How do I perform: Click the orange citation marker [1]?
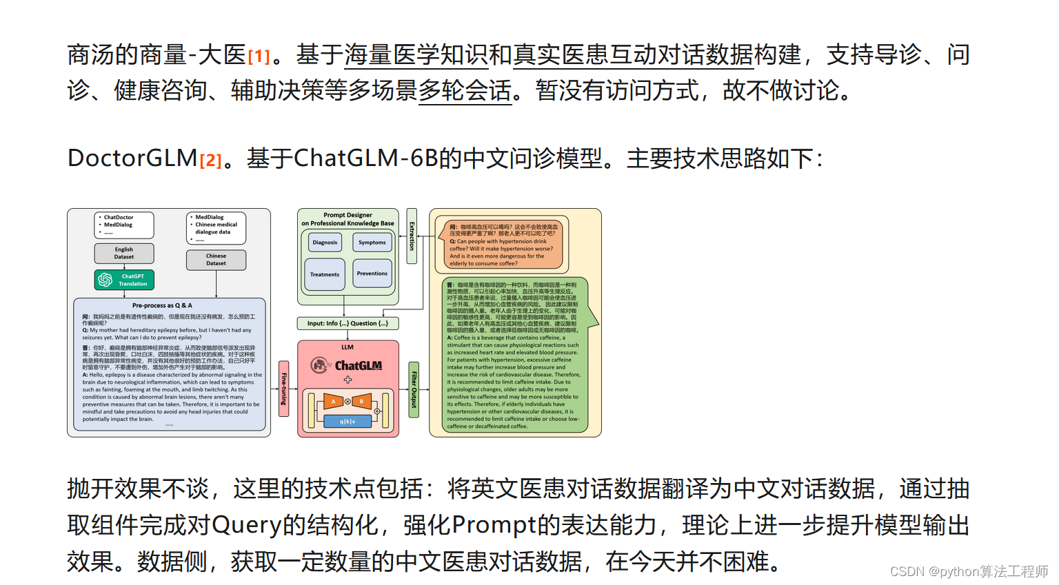coord(259,56)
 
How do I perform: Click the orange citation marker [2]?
coord(210,161)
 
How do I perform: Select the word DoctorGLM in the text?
coord(132,158)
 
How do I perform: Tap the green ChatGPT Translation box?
coord(124,280)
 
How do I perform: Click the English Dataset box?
coord(124,253)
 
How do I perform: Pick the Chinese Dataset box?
coord(216,260)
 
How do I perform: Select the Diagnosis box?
coord(325,242)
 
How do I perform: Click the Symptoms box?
coord(372,242)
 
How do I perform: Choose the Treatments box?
coord(325,274)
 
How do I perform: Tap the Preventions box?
coord(372,274)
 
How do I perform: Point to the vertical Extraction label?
coord(412,236)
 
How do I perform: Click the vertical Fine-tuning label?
coord(283,389)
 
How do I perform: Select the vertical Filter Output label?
coord(414,389)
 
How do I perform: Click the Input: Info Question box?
coord(347,323)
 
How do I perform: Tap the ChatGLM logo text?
coord(358,366)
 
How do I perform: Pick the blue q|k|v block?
coord(347,421)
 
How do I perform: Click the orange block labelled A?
coord(334,401)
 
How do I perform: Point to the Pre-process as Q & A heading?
coord(162,305)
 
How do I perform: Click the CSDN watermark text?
coord(968,571)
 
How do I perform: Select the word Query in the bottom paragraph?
coord(247,526)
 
